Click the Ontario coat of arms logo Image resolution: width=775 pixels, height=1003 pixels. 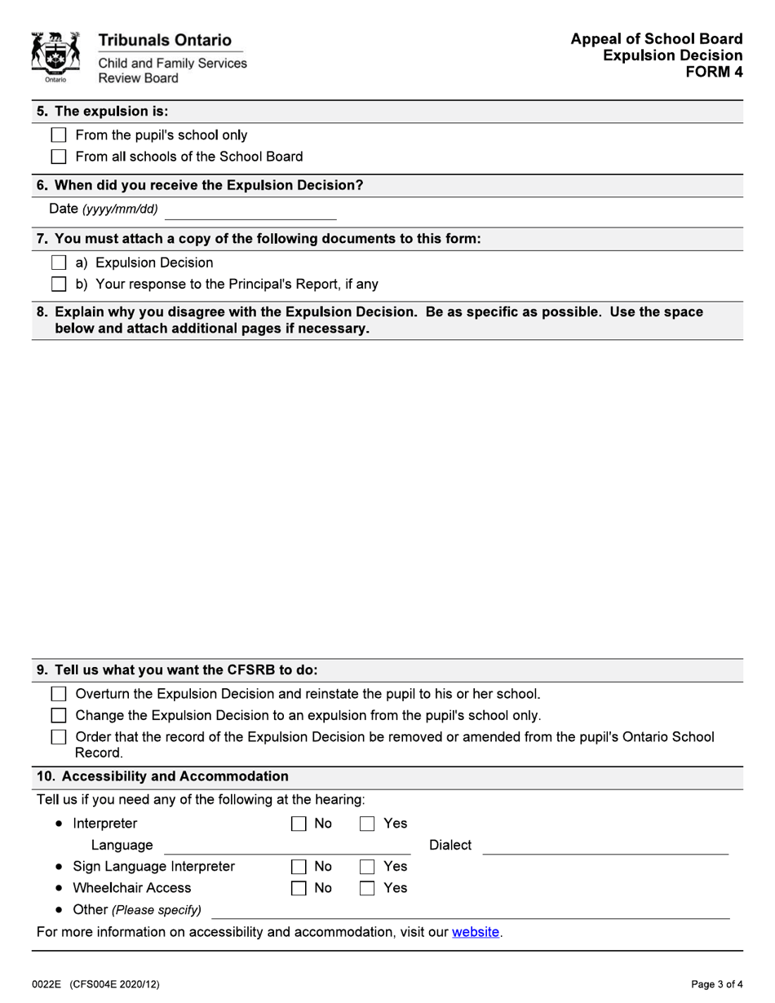(55, 57)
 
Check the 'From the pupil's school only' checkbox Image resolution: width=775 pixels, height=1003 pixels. (59, 135)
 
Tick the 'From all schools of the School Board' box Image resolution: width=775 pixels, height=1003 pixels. (59, 157)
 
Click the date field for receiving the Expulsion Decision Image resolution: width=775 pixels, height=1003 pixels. (250, 210)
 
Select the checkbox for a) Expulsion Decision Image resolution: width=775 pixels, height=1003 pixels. (59, 263)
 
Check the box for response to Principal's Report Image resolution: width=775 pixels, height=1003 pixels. (59, 285)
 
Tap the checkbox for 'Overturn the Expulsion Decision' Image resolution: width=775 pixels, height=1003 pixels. (59, 694)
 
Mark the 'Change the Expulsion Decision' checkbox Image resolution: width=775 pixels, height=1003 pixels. (59, 716)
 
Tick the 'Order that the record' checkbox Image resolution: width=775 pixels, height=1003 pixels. (59, 737)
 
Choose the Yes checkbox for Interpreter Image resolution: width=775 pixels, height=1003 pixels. (369, 824)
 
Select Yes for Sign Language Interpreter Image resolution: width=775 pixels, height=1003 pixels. (369, 866)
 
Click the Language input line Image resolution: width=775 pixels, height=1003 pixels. (287, 846)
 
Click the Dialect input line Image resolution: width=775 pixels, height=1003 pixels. (605, 846)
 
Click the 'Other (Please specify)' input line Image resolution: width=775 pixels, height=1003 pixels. (471, 910)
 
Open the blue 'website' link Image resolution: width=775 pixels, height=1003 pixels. (476, 931)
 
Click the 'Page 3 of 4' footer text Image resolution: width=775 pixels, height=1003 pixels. (712, 984)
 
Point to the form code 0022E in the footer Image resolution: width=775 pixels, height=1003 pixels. (48, 984)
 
